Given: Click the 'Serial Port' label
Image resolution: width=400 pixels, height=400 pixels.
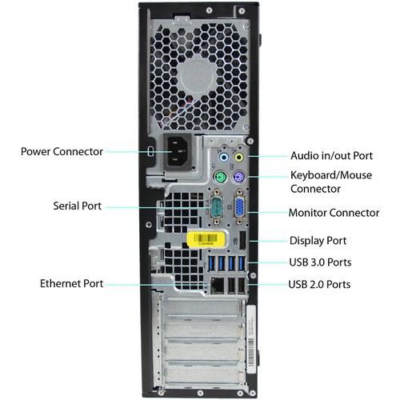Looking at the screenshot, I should point(72,206).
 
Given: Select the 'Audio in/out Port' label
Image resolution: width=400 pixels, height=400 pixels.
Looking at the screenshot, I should point(330,156).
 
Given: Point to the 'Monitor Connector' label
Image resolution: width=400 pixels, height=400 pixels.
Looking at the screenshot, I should point(334,213).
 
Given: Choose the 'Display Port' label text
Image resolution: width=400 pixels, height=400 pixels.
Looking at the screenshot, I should point(318,240).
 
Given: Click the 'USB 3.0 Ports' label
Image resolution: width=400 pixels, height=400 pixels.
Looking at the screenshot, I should point(320,262).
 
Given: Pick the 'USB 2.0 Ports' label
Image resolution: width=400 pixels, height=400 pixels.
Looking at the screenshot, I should point(320,284).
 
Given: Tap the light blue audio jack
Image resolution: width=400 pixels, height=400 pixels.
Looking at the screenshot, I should point(223,158).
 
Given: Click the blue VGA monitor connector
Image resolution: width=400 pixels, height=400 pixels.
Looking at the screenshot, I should point(239,209).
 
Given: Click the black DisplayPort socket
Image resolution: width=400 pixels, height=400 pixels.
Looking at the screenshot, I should point(242,238).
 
